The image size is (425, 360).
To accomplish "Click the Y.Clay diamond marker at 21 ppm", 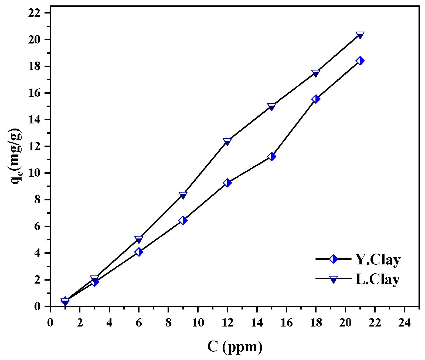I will pyautogui.click(x=360, y=61).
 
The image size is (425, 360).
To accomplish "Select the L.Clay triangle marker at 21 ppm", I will pyautogui.click(x=360, y=35).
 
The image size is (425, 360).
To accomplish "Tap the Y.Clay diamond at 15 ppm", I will pyautogui.click(x=271, y=157).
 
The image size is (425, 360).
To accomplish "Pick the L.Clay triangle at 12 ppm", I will pyautogui.click(x=227, y=142).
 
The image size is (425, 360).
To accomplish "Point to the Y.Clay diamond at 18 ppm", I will pyautogui.click(x=316, y=99).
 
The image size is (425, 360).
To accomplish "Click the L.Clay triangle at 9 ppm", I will pyautogui.click(x=183, y=195).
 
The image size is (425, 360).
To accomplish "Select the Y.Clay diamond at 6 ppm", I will pyautogui.click(x=139, y=252).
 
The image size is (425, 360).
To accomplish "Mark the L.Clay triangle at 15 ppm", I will pyautogui.click(x=271, y=107).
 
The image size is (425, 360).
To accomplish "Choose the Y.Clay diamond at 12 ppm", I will pyautogui.click(x=227, y=183).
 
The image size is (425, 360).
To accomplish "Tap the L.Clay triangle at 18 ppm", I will pyautogui.click(x=316, y=73).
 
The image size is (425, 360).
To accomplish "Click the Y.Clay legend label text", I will pyautogui.click(x=378, y=260).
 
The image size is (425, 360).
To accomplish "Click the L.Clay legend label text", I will pyautogui.click(x=378, y=279).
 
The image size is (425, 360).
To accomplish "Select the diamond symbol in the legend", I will pyautogui.click(x=334, y=259).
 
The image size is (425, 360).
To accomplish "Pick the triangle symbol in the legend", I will pyautogui.click(x=334, y=279).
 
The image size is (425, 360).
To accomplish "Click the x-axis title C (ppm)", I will pyautogui.click(x=235, y=346).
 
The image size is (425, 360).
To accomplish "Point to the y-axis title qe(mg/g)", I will pyautogui.click(x=16, y=157).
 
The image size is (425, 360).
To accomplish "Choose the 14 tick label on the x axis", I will pyautogui.click(x=257, y=323).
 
